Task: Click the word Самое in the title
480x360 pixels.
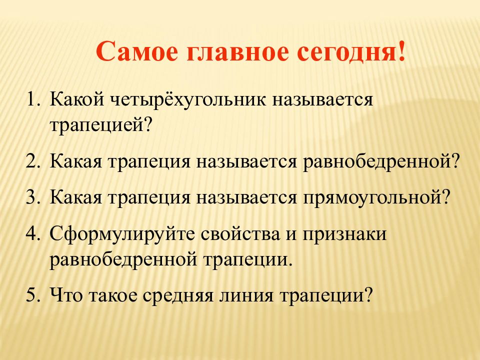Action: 136,51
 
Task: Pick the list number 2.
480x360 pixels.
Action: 33,161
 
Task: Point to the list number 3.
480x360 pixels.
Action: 33,197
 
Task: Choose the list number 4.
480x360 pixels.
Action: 33,233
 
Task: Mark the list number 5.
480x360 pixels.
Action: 33,295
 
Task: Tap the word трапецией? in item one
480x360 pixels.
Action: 101,125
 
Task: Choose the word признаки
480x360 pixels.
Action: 344,234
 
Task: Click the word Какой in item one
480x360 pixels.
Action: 77,99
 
